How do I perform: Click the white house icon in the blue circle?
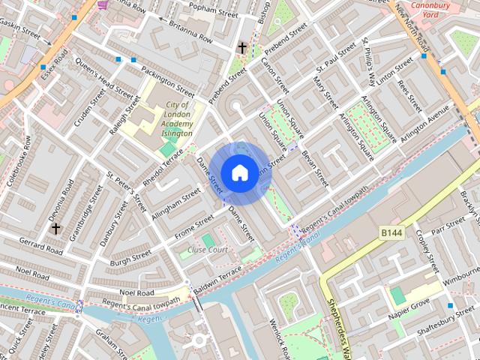[x=238, y=172]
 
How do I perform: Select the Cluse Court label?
[x=208, y=249]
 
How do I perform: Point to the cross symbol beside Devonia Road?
[x=55, y=227]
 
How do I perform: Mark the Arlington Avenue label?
[x=424, y=124]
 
